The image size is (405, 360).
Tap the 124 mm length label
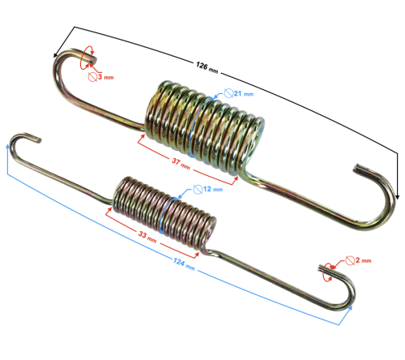coord(185,264)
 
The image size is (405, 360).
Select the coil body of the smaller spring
coord(162,209)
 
